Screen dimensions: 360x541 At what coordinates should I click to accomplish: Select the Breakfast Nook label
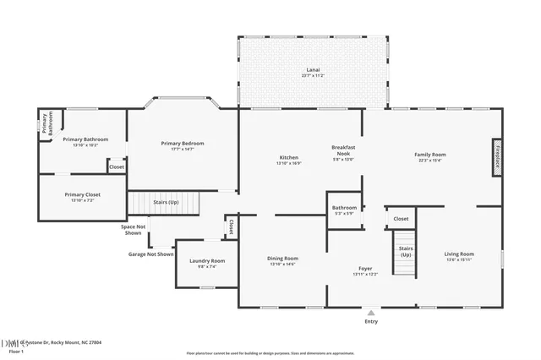[342, 152]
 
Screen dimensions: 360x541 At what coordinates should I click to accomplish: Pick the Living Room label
[459, 256]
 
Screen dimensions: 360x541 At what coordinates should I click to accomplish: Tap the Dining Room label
[283, 261]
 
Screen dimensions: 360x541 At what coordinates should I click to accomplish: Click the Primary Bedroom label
[183, 146]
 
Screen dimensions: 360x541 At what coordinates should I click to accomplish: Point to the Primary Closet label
[82, 197]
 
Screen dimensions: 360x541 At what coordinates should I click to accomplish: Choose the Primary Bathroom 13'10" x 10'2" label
[85, 141]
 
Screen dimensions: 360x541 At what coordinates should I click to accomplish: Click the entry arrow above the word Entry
[370, 312]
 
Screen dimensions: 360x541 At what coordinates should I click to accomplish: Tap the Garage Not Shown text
[150, 254]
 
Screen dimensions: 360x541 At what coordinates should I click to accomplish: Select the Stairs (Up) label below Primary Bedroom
[166, 203]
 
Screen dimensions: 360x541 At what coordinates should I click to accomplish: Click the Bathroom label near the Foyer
[344, 210]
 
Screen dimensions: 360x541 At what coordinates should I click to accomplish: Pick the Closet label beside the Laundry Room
[230, 226]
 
